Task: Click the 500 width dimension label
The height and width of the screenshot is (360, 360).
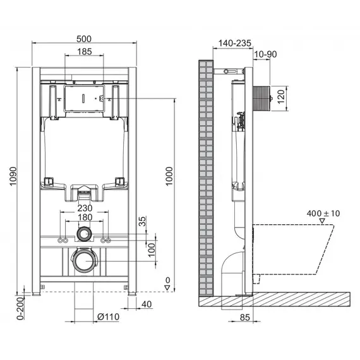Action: coord(85,37)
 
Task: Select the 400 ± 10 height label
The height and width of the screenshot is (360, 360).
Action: coord(323,213)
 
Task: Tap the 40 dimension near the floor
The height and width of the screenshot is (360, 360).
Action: coord(147,305)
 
